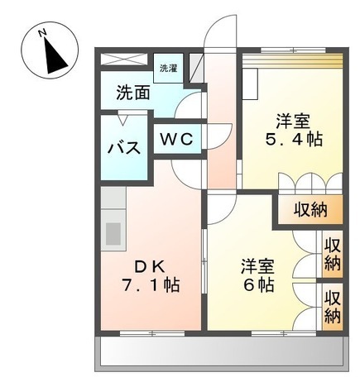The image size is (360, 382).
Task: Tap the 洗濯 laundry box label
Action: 168,68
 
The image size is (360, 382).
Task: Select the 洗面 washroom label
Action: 132,92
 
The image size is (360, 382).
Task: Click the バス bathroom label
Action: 123,149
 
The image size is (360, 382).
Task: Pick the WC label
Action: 176,140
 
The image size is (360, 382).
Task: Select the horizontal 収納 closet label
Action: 310,209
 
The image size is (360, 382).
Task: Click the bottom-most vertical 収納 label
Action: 333,306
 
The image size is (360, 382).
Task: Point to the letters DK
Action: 150,266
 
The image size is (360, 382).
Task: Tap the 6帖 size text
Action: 257,286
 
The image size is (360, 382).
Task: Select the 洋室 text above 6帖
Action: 257,266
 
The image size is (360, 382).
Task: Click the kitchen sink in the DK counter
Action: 113,232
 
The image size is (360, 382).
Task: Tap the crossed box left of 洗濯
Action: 127,59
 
